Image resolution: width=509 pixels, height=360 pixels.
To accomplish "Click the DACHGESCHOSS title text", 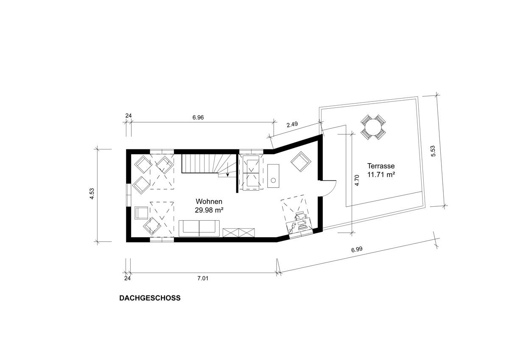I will pyautogui.click(x=150, y=298).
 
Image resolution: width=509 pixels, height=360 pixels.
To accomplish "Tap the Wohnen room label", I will pyautogui.click(x=209, y=202).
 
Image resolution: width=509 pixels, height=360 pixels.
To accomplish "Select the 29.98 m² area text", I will pyautogui.click(x=209, y=209).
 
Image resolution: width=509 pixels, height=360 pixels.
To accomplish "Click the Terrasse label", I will pyautogui.click(x=381, y=166).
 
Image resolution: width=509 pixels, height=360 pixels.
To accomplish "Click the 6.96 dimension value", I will pyautogui.click(x=198, y=118).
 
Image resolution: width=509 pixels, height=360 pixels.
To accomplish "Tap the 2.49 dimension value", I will pyautogui.click(x=293, y=125).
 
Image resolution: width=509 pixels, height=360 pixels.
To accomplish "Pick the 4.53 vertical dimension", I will pyautogui.click(x=92, y=196).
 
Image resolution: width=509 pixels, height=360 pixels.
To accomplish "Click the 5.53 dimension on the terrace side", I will pyautogui.click(x=433, y=152).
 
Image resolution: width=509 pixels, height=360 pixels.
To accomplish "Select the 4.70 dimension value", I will pyautogui.click(x=357, y=181).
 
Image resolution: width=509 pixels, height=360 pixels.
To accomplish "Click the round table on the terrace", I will pyautogui.click(x=373, y=127).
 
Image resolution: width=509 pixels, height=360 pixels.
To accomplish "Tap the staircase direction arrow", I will pyautogui.click(x=228, y=171).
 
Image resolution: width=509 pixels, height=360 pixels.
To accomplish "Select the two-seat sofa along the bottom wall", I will pyautogui.click(x=199, y=228).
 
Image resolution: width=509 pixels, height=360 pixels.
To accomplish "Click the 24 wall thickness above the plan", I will pyautogui.click(x=127, y=115).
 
